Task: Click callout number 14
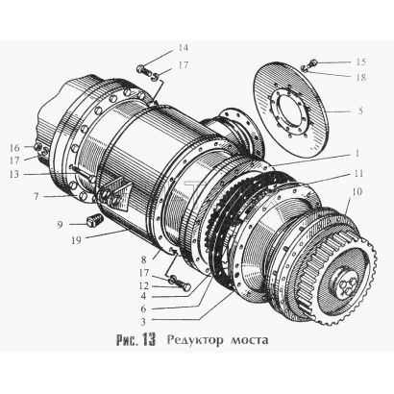[x=184, y=48]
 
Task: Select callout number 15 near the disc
[x=360, y=62]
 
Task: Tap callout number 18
[x=360, y=77]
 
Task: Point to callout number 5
[x=360, y=111]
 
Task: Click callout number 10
[x=357, y=191]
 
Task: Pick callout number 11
[x=358, y=173]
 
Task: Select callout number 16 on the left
[x=14, y=148]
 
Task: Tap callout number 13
[x=14, y=174]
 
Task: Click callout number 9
[x=61, y=225]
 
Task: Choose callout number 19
[x=76, y=240]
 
